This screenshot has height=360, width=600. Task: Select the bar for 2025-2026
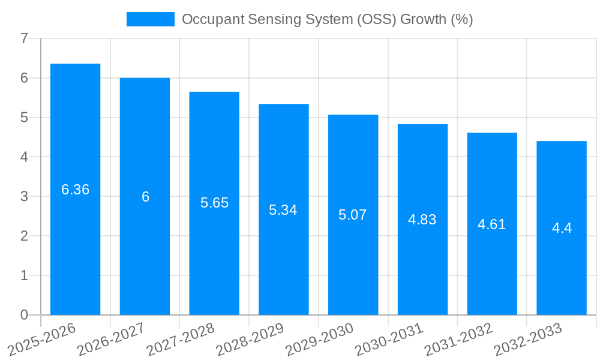point(75,189)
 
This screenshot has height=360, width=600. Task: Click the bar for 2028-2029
point(283,209)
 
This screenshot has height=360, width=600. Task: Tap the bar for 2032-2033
point(562,228)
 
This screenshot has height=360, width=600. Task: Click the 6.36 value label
point(76,190)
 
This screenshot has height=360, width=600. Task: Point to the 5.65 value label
point(214,203)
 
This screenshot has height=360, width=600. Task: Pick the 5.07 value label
point(353,215)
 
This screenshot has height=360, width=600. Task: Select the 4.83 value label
point(422,220)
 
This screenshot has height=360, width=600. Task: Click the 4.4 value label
point(562,228)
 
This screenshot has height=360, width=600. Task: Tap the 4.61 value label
point(492,224)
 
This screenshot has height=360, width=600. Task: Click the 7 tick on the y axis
point(24,38)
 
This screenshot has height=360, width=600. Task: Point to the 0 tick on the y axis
point(24,315)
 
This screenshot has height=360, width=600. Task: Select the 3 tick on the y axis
point(24,196)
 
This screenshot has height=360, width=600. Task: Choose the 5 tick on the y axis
point(24,118)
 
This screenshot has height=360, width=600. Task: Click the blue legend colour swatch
point(150,19)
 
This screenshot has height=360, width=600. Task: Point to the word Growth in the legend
point(423,19)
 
